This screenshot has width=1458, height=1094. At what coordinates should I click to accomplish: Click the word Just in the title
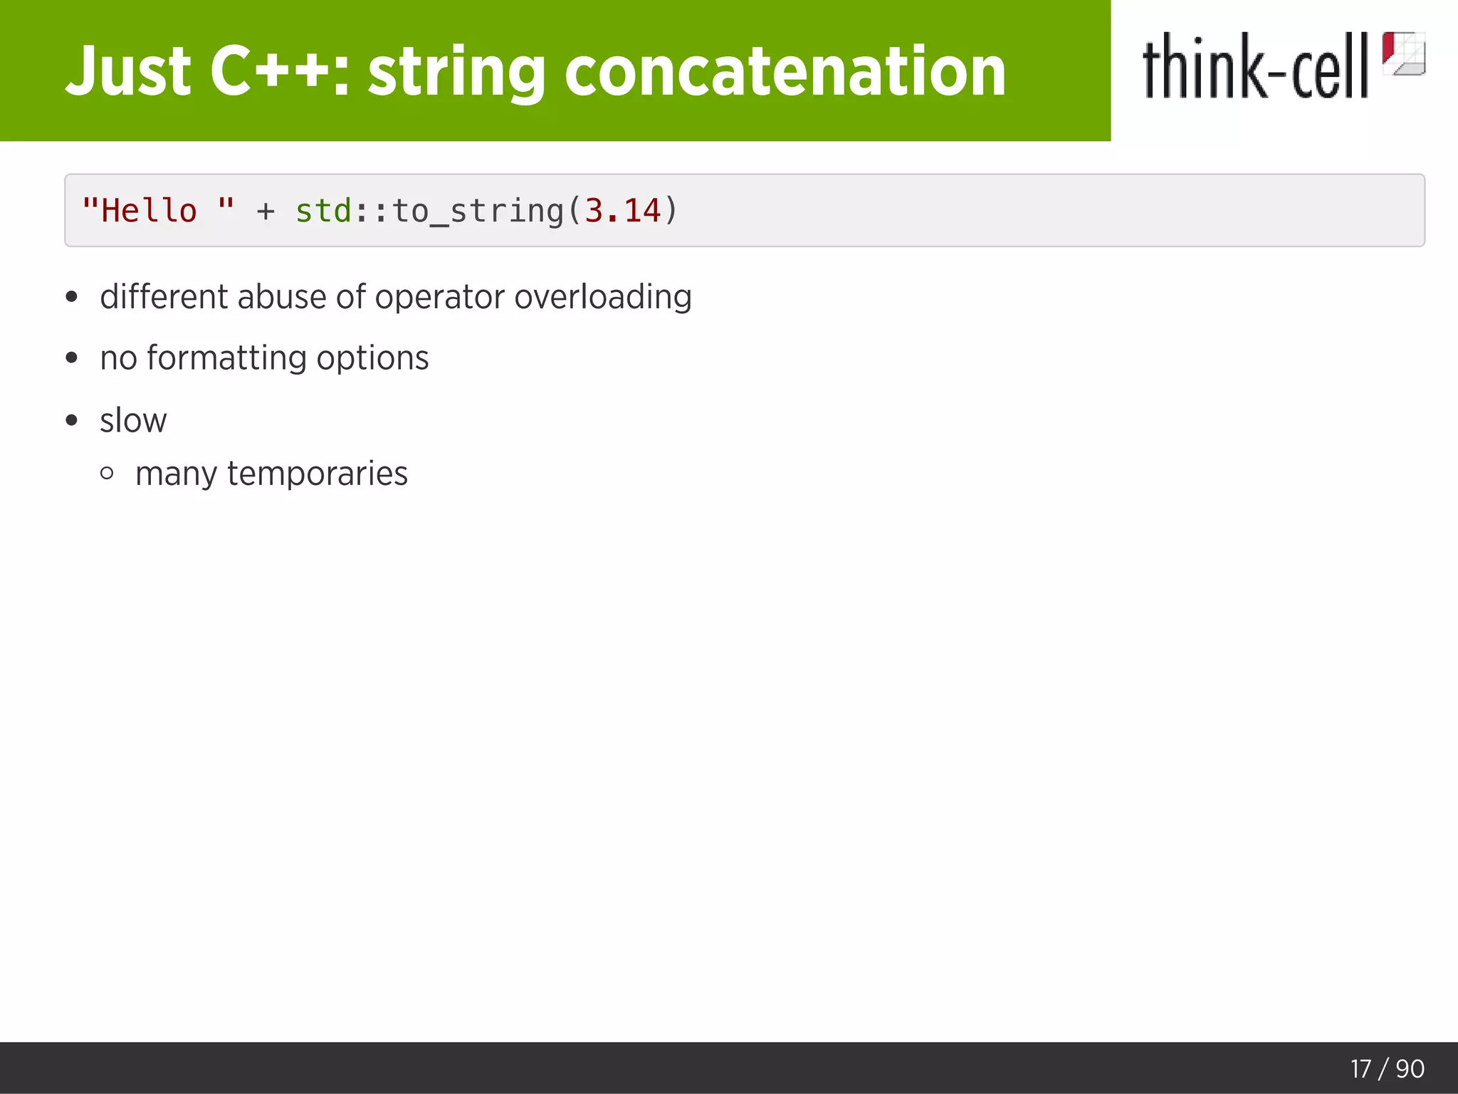tap(128, 71)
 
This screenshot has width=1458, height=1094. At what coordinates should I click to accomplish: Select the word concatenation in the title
tap(785, 71)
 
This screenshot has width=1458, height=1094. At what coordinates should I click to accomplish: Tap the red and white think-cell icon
tap(1403, 53)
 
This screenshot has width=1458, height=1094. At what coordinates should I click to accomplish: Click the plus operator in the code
tap(266, 212)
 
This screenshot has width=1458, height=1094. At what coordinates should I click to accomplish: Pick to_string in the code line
tap(478, 212)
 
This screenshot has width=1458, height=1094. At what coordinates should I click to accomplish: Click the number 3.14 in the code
tap(623, 211)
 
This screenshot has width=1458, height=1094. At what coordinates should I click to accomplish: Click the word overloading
tap(603, 298)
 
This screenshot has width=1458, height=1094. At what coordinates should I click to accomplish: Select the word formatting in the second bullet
tap(227, 358)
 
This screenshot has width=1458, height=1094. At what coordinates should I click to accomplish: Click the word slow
tap(133, 420)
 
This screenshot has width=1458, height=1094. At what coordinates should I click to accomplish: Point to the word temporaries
tap(318, 474)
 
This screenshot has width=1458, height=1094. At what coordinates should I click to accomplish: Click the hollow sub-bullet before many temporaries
tap(107, 473)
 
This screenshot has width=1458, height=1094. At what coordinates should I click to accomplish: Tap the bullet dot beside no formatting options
tap(71, 358)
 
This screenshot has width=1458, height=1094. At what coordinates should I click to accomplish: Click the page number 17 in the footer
tap(1360, 1068)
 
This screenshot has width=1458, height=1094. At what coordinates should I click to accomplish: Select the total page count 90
tap(1410, 1068)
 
